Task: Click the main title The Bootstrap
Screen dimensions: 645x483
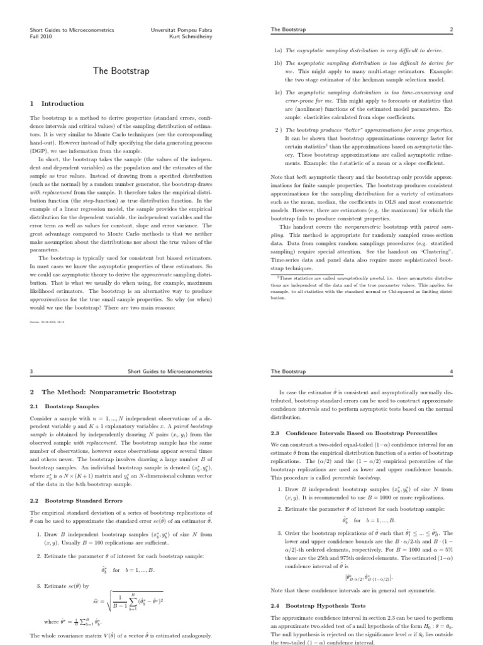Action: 121,71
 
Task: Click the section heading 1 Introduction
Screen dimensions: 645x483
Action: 57,103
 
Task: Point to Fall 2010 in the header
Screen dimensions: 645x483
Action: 42,36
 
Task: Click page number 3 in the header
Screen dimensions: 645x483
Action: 31,372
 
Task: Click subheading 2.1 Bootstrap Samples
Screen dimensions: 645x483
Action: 64,406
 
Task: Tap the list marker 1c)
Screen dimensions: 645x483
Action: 277,92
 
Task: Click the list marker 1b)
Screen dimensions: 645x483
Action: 277,64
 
